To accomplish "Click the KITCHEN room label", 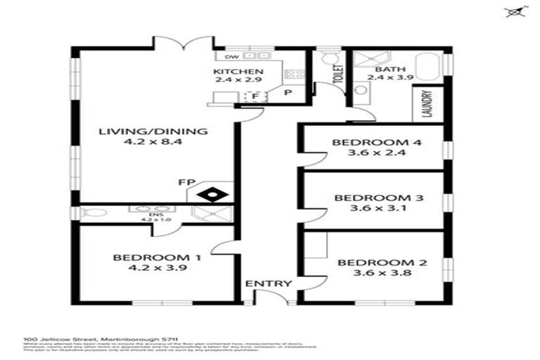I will pos(239,72).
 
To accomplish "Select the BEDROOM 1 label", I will pos(157,257).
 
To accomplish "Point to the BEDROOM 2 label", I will pos(372,263).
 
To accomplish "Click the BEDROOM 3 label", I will pos(378,198).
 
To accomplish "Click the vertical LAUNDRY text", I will pos(427,103).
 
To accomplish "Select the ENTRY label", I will pos(268,283).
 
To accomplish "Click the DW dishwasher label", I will pos(231,56).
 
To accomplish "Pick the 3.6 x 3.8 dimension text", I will pos(372,275).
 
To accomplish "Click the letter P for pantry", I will pos(288,93).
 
